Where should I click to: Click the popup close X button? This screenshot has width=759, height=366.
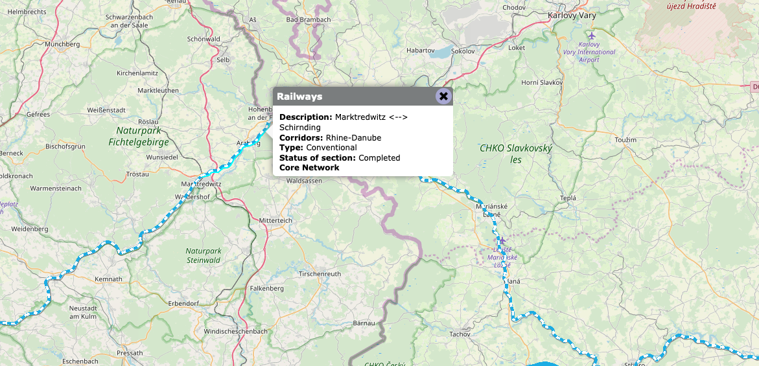[443, 97]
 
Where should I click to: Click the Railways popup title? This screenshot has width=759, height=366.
[299, 97]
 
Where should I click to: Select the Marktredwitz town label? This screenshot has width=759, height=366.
[202, 184]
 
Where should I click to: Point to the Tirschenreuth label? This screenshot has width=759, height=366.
[320, 274]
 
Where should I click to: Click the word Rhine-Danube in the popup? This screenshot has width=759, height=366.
[353, 138]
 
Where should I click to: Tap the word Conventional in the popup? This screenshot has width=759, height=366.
[331, 148]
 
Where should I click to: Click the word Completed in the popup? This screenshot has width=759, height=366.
[379, 158]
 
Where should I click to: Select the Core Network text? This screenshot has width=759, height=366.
[309, 168]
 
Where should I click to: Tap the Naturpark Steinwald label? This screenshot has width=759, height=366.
[203, 255]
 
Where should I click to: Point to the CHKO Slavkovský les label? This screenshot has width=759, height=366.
[516, 154]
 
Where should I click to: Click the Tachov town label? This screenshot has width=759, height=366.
[460, 334]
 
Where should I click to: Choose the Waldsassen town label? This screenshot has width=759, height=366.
[305, 181]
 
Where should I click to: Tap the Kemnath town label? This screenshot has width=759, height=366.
[108, 279]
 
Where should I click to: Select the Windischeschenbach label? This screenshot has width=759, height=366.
[235, 332]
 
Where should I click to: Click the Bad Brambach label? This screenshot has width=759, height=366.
[309, 20]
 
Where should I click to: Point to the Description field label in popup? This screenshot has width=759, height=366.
[305, 117]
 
